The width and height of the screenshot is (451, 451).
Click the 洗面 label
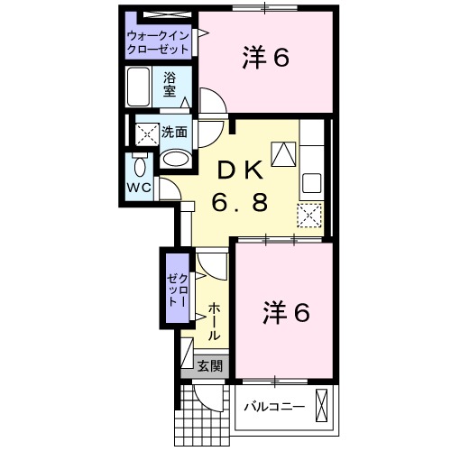174,132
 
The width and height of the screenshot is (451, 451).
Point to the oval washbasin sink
175,160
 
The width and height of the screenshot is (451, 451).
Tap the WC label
138,188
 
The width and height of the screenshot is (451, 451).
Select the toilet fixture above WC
139,165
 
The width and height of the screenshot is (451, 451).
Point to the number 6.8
239,203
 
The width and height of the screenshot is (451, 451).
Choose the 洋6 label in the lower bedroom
286,313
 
